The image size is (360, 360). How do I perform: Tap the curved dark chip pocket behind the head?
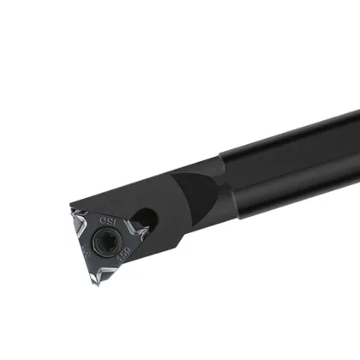[x=199, y=192]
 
